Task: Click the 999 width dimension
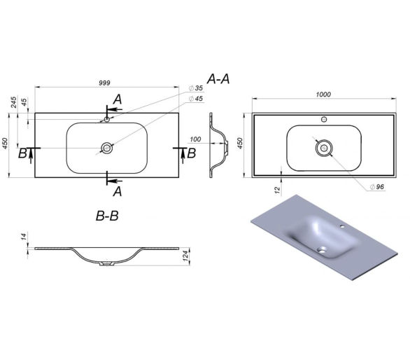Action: point(104,83)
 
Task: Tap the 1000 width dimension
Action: point(323,95)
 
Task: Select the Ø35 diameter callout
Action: point(196,88)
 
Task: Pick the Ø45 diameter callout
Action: point(196,99)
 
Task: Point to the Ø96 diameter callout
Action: point(377,187)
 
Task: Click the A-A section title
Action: point(218,79)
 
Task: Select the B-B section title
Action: point(107,216)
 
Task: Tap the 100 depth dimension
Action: point(195,139)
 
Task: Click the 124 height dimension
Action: point(185,256)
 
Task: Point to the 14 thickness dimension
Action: point(24,237)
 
